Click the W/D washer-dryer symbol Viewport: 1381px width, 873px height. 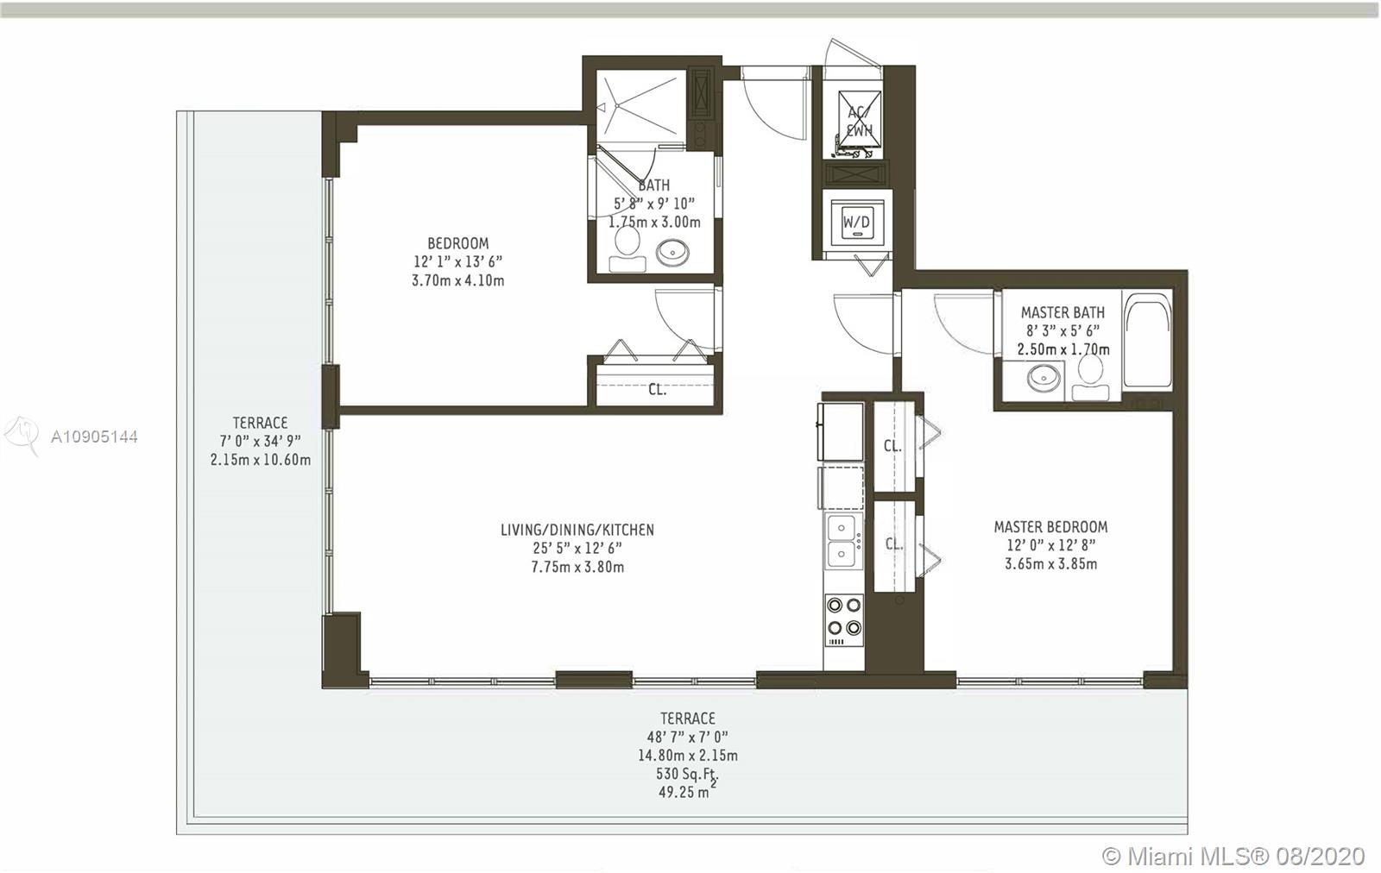click(x=856, y=221)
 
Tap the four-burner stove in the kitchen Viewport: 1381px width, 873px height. click(x=844, y=619)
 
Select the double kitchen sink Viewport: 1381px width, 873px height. click(x=842, y=541)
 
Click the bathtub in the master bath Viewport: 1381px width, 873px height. click(x=1147, y=340)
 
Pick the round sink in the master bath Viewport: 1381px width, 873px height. click(x=1044, y=377)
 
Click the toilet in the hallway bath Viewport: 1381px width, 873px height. click(x=627, y=249)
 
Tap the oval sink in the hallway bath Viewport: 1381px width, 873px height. click(x=672, y=252)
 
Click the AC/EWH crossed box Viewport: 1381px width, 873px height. click(x=860, y=122)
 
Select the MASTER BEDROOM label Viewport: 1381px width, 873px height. click(x=1050, y=527)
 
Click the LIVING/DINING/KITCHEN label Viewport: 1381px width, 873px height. click(x=577, y=529)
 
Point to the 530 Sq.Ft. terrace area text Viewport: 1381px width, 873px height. click(x=687, y=774)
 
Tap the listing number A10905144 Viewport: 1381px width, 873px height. click(x=94, y=436)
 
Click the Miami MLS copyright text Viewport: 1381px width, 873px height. click(x=1233, y=856)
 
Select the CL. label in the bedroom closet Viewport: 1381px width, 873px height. click(x=657, y=389)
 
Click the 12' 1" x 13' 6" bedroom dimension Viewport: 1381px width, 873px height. click(x=458, y=262)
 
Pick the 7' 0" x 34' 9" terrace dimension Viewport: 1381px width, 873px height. click(x=260, y=441)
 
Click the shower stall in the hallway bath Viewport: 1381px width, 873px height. click(x=640, y=107)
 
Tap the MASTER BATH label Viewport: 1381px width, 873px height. click(x=1063, y=312)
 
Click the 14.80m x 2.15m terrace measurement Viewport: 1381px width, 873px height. click(x=687, y=756)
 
